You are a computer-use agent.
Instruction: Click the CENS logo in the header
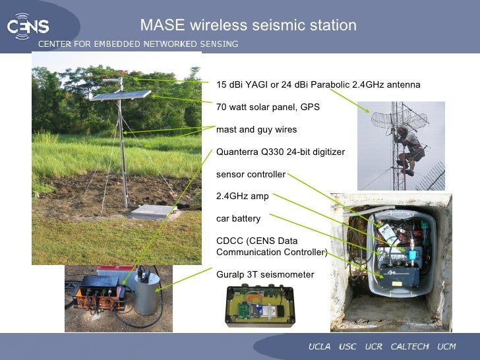[x=28, y=26]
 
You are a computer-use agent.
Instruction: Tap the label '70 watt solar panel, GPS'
[x=268, y=107]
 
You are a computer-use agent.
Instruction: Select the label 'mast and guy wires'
[x=256, y=129]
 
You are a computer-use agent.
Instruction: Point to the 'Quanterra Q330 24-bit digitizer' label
[x=280, y=152]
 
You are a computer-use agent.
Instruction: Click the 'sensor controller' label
[x=251, y=175]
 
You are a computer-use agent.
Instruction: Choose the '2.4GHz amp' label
[x=242, y=196]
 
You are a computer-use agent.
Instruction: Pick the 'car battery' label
[x=238, y=218]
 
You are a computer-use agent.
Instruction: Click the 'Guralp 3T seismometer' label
[x=265, y=274]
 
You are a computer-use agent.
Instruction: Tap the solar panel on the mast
[x=119, y=96]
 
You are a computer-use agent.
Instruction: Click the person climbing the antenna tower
[x=409, y=148]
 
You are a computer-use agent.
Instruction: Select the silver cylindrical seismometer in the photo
[x=147, y=295]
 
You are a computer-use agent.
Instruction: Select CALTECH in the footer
[x=409, y=347]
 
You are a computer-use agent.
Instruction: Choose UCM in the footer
[x=446, y=347]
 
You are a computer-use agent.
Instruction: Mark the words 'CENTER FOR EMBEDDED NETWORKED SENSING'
[x=138, y=44]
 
